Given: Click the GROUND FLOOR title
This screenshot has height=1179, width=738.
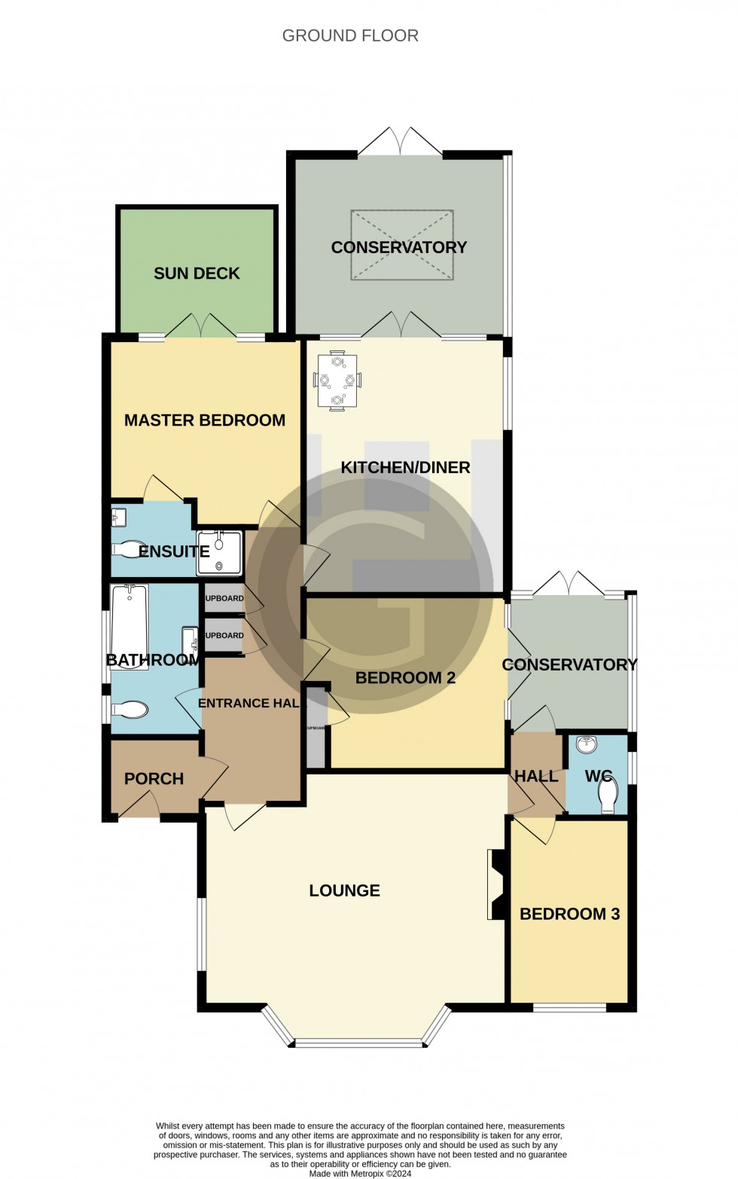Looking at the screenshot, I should (x=350, y=35).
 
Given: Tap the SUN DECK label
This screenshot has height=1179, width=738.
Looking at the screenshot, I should (x=197, y=273).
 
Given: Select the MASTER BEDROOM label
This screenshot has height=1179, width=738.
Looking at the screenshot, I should (x=205, y=420).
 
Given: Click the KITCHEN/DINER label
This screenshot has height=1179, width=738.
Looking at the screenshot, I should (x=405, y=467).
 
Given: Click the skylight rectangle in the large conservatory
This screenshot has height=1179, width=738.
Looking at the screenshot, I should (x=402, y=246).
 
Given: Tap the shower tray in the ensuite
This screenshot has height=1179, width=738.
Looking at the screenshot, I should (x=219, y=553).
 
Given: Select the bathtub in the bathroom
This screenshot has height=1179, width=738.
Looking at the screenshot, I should (x=130, y=619).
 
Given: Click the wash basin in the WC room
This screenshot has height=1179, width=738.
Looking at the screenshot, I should (x=586, y=745).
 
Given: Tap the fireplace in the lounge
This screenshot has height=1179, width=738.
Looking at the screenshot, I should (x=496, y=884).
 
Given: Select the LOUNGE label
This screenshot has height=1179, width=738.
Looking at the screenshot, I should (x=344, y=890).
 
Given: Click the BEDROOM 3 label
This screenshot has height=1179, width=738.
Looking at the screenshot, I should (x=569, y=914).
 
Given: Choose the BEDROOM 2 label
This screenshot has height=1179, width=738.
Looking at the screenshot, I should (x=405, y=678).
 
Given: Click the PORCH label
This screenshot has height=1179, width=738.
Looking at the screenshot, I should (x=154, y=779).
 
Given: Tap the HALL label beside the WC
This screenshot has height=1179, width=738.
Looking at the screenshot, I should (x=535, y=776).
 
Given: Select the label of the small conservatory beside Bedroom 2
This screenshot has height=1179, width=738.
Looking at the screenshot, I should (x=569, y=664).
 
